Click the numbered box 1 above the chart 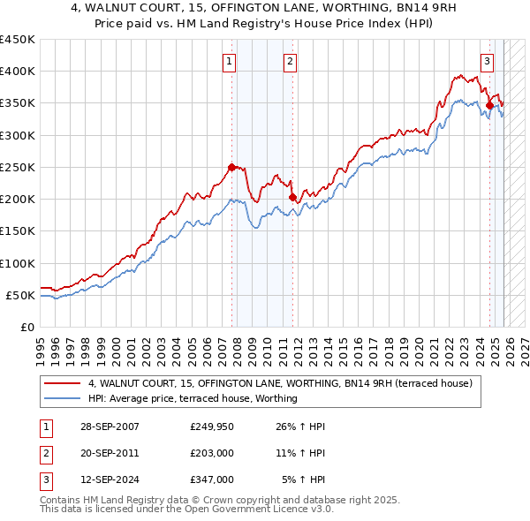click(230, 61)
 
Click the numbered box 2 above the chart click(290, 61)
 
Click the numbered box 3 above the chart click(487, 61)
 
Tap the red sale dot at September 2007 click(232, 167)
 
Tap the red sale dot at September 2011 click(292, 197)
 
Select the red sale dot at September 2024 click(489, 105)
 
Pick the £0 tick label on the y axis click(26, 328)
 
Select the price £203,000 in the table click(211, 453)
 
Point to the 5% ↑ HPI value click(303, 479)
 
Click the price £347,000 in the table click(211, 479)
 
